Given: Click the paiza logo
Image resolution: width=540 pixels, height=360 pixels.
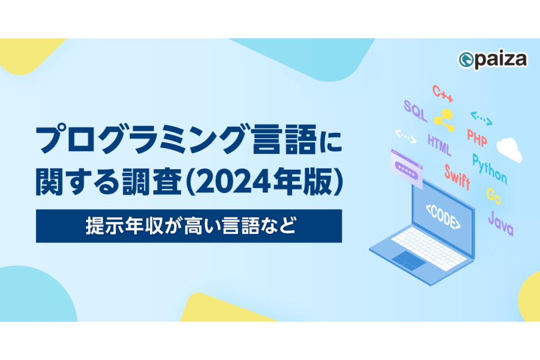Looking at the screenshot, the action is pyautogui.click(x=493, y=60).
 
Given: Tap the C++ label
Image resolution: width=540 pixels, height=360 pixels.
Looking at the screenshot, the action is pyautogui.click(x=442, y=94).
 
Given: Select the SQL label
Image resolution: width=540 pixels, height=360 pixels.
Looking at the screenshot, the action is pyautogui.click(x=416, y=111).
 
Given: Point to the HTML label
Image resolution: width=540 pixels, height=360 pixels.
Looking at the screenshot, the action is pyautogui.click(x=439, y=144).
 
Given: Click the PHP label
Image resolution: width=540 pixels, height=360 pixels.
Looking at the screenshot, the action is pyautogui.click(x=477, y=138).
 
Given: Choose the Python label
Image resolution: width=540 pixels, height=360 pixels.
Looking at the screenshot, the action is pyautogui.click(x=489, y=169).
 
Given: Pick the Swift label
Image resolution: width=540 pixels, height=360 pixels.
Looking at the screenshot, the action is pyautogui.click(x=457, y=177).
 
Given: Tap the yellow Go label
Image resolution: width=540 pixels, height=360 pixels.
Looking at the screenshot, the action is pyautogui.click(x=494, y=196).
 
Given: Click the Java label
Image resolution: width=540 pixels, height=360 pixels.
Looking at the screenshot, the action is pyautogui.click(x=501, y=223).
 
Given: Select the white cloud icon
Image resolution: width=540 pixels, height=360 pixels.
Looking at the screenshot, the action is pyautogui.click(x=509, y=149).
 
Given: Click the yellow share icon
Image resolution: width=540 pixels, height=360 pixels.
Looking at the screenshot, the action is pyautogui.click(x=444, y=120).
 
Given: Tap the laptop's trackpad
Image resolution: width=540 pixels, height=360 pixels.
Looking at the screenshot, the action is pyautogui.click(x=409, y=260).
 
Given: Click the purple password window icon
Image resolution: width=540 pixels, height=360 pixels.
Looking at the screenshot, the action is pyautogui.click(x=407, y=169).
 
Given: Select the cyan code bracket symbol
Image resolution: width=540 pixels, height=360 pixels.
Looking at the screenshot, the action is pyautogui.click(x=481, y=119).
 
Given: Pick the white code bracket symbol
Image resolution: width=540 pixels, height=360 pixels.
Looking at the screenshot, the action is pyautogui.click(x=406, y=137).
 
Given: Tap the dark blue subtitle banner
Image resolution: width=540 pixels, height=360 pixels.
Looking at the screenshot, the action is pyautogui.click(x=189, y=226).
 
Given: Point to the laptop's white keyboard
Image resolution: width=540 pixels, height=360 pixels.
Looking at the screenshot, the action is pyautogui.click(x=430, y=248).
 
